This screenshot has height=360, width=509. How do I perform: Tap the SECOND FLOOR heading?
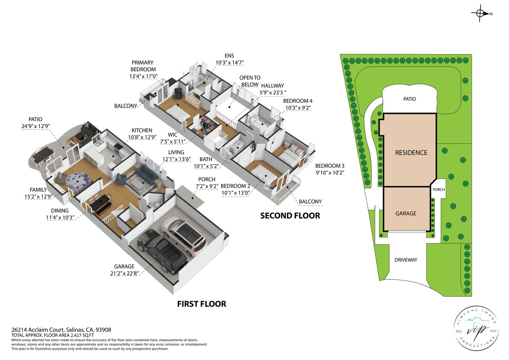click(x=290, y=216)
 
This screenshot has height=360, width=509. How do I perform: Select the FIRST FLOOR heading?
click(x=202, y=304)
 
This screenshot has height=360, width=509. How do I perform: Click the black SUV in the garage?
click(x=162, y=250)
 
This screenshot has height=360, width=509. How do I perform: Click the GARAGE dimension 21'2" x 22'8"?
click(x=124, y=273)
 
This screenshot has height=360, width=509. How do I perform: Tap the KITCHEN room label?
click(x=142, y=130)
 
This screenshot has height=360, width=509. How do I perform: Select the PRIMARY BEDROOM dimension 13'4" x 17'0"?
click(x=144, y=76)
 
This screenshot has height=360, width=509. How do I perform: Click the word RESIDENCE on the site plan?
click(x=411, y=153)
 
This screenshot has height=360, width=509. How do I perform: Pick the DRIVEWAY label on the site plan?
click(x=406, y=260)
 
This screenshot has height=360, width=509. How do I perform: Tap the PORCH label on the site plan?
click(x=439, y=189)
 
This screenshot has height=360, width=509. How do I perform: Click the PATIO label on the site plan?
click(x=410, y=99)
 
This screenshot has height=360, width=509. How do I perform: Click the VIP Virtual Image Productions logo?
click(x=476, y=328)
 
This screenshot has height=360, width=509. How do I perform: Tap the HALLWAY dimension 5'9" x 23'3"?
click(x=273, y=93)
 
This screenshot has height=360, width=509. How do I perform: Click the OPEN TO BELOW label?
click(x=250, y=81)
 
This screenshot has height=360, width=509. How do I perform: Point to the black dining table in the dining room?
click(x=101, y=204)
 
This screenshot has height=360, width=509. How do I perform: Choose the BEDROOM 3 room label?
click(x=330, y=166)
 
